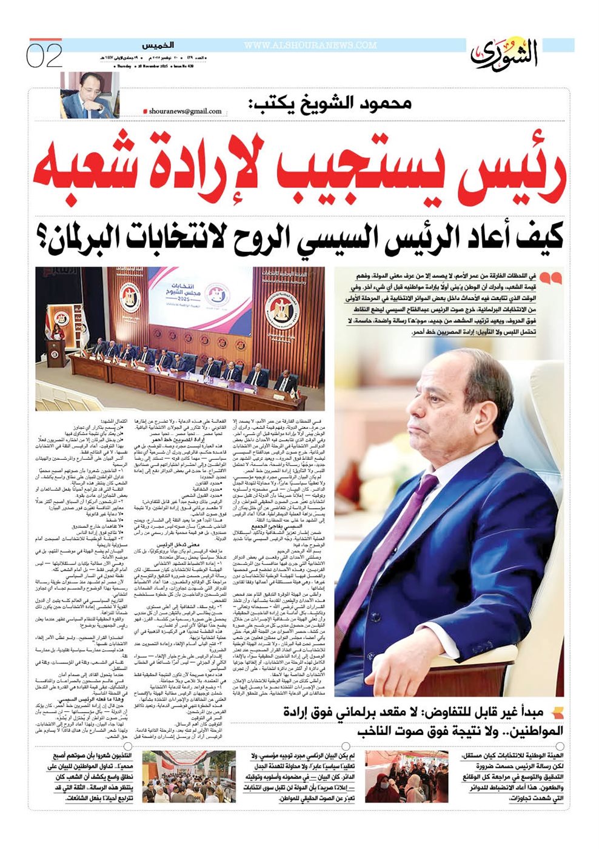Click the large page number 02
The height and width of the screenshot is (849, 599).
44,56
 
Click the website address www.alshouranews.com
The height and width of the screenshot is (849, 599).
310,45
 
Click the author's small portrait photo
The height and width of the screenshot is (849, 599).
84,95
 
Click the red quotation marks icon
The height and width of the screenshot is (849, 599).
550,279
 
